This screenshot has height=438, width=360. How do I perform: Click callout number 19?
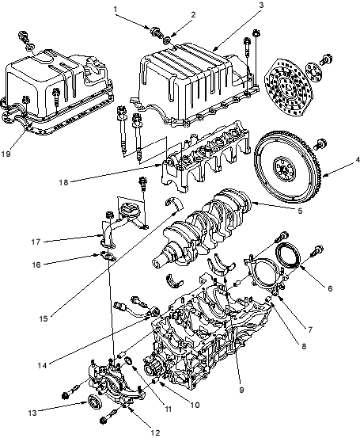(6, 154)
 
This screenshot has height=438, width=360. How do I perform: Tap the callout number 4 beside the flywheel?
(357, 160)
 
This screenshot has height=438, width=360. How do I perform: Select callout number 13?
(32, 413)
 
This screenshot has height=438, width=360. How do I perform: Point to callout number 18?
(63, 182)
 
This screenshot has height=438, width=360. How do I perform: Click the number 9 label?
(241, 390)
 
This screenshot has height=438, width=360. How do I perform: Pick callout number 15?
(44, 318)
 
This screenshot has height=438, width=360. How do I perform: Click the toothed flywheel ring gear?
(288, 167)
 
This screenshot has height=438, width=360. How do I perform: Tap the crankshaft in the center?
(203, 227)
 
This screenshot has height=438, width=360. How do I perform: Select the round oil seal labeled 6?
(288, 255)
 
